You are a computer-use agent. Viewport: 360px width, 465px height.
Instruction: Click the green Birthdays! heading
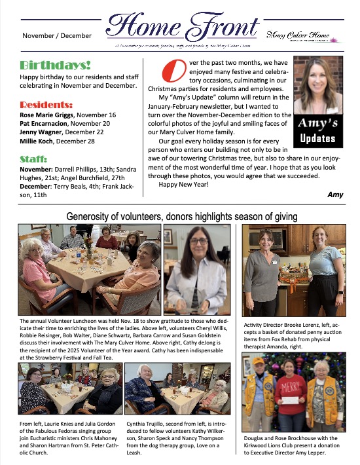[55, 66]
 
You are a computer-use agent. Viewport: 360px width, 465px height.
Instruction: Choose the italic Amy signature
[334, 195]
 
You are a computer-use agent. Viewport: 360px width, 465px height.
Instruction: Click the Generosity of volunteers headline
[182, 216]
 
